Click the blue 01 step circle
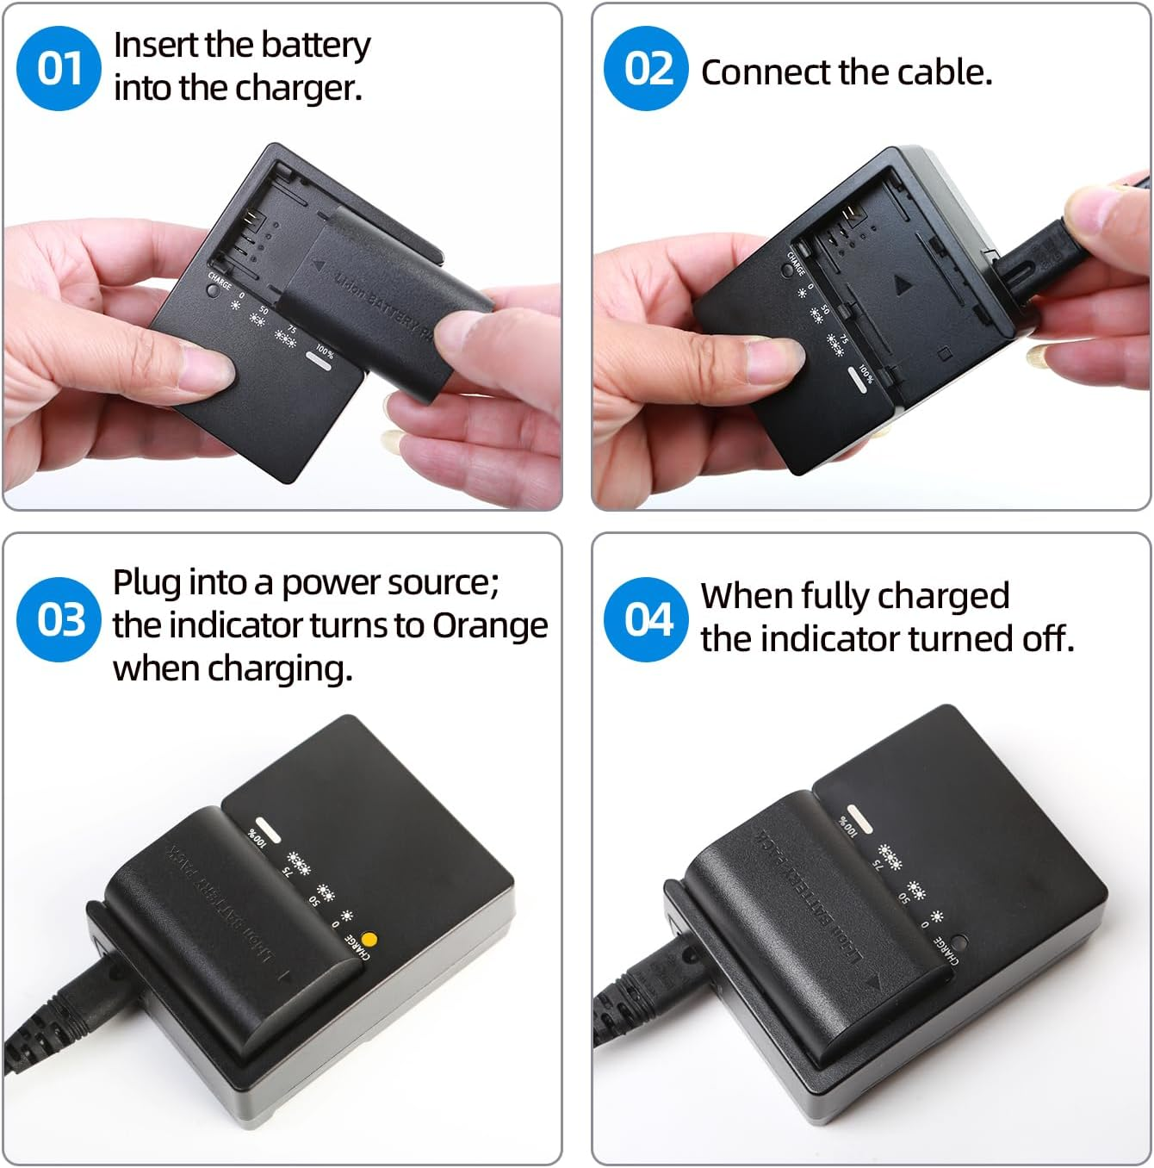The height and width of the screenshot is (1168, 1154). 59,68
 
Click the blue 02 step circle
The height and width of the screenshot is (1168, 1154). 646,68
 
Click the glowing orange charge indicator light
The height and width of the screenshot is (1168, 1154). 370,940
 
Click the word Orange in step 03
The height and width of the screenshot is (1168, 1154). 489,625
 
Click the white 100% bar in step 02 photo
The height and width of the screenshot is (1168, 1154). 859,379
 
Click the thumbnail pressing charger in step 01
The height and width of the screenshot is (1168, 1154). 207,370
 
